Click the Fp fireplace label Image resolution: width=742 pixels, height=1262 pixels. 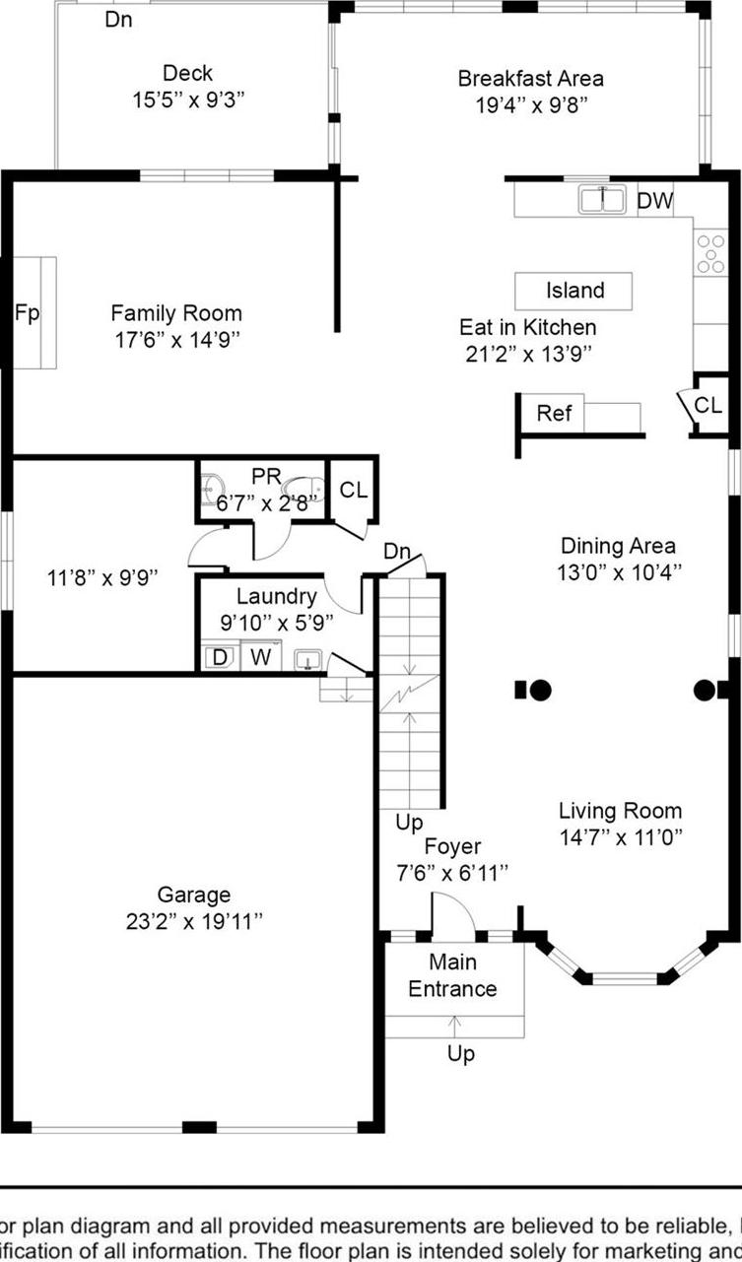click(x=27, y=313)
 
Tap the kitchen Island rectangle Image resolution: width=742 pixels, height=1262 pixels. click(x=573, y=291)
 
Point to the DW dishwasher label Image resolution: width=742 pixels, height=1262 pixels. click(x=654, y=202)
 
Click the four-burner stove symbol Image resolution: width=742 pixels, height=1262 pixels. click(x=709, y=252)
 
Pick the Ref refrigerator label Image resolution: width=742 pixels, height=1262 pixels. click(x=554, y=413)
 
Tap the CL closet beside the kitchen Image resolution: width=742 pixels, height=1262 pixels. click(x=708, y=405)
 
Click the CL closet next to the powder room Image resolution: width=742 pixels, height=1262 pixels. click(x=353, y=490)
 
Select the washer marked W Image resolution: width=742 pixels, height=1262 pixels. click(x=260, y=657)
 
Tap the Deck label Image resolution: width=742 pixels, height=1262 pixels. click(x=187, y=73)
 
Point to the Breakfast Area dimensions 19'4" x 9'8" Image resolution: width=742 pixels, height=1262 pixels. click(x=530, y=104)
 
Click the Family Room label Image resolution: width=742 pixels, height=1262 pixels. click(x=175, y=313)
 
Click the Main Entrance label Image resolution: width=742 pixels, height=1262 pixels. click(x=452, y=974)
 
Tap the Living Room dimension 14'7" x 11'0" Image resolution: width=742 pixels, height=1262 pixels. click(x=621, y=837)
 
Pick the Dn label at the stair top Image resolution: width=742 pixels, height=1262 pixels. click(x=397, y=552)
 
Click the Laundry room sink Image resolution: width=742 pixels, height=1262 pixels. click(x=309, y=658)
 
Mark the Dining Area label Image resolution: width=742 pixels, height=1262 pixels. click(x=618, y=546)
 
